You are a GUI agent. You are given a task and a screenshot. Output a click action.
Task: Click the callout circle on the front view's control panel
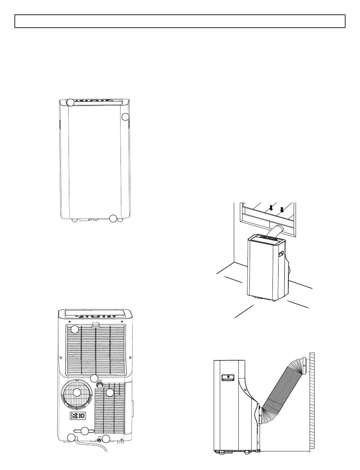point(71,102)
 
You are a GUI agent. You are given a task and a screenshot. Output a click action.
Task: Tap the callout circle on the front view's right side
point(126,117)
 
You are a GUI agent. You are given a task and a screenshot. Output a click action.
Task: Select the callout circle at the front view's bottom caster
point(113,218)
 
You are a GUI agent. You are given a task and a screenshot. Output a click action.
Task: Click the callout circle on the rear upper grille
point(75,329)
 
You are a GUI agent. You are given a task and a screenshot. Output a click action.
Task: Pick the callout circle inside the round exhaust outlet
point(77,392)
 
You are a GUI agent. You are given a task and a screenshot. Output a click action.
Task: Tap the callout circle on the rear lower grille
point(110,393)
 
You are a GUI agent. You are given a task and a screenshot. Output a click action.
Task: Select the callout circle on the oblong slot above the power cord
point(85,431)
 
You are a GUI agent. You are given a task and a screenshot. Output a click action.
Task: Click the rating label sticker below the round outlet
point(78,416)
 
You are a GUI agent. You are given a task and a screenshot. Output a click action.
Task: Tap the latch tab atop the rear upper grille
point(95,325)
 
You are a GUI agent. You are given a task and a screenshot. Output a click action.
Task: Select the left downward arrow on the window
point(271,208)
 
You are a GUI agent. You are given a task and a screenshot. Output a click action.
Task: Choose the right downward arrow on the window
point(282,209)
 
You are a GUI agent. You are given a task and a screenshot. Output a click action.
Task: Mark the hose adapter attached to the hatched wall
point(304,366)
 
